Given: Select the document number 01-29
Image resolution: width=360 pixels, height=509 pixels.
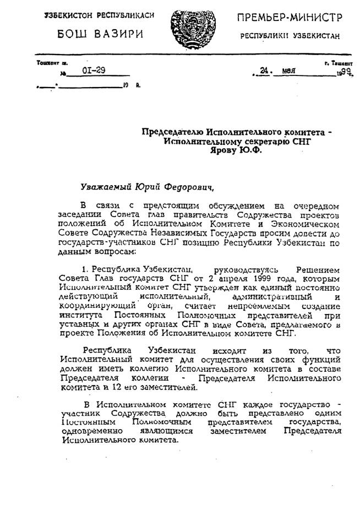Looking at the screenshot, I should (93, 71).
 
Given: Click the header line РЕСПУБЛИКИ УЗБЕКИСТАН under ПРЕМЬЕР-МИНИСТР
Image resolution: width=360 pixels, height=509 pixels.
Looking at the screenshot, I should (290, 36).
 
